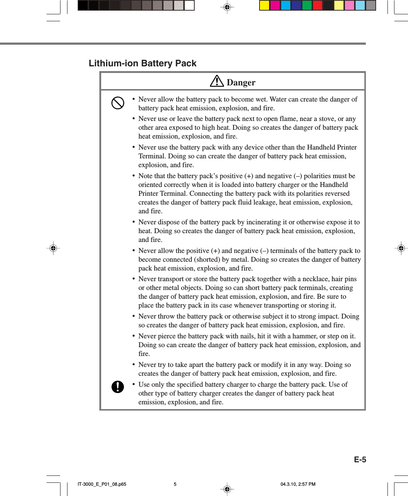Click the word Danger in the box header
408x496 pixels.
(x=241, y=82)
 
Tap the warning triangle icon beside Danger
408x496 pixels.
(x=217, y=81)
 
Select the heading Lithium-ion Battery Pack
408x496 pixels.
(x=142, y=63)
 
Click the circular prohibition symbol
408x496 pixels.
(x=118, y=103)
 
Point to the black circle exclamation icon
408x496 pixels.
(x=118, y=386)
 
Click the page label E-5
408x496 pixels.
(x=360, y=460)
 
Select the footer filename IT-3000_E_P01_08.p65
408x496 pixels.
(x=102, y=484)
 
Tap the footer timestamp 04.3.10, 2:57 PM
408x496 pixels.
(x=298, y=484)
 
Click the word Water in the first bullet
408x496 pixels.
(x=278, y=99)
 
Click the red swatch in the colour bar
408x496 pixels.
(x=317, y=5)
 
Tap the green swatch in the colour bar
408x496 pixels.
(x=307, y=5)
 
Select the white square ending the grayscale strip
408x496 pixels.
(x=189, y=5)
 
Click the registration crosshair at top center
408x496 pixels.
(x=227, y=7)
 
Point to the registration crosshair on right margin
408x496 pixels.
(x=401, y=248)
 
